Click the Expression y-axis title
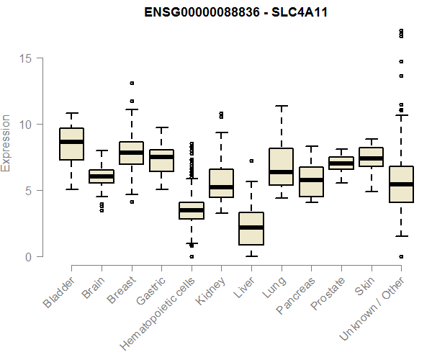tap(6, 143)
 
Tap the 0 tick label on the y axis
tap(29, 257)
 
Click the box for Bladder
tap(71, 144)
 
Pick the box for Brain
tap(102, 176)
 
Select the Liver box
tap(251, 228)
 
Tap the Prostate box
tap(341, 163)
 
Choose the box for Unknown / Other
tap(401, 184)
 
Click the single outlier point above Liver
tap(251, 161)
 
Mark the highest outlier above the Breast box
tap(132, 83)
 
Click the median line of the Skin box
tap(372, 158)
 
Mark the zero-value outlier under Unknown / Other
tap(401, 256)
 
